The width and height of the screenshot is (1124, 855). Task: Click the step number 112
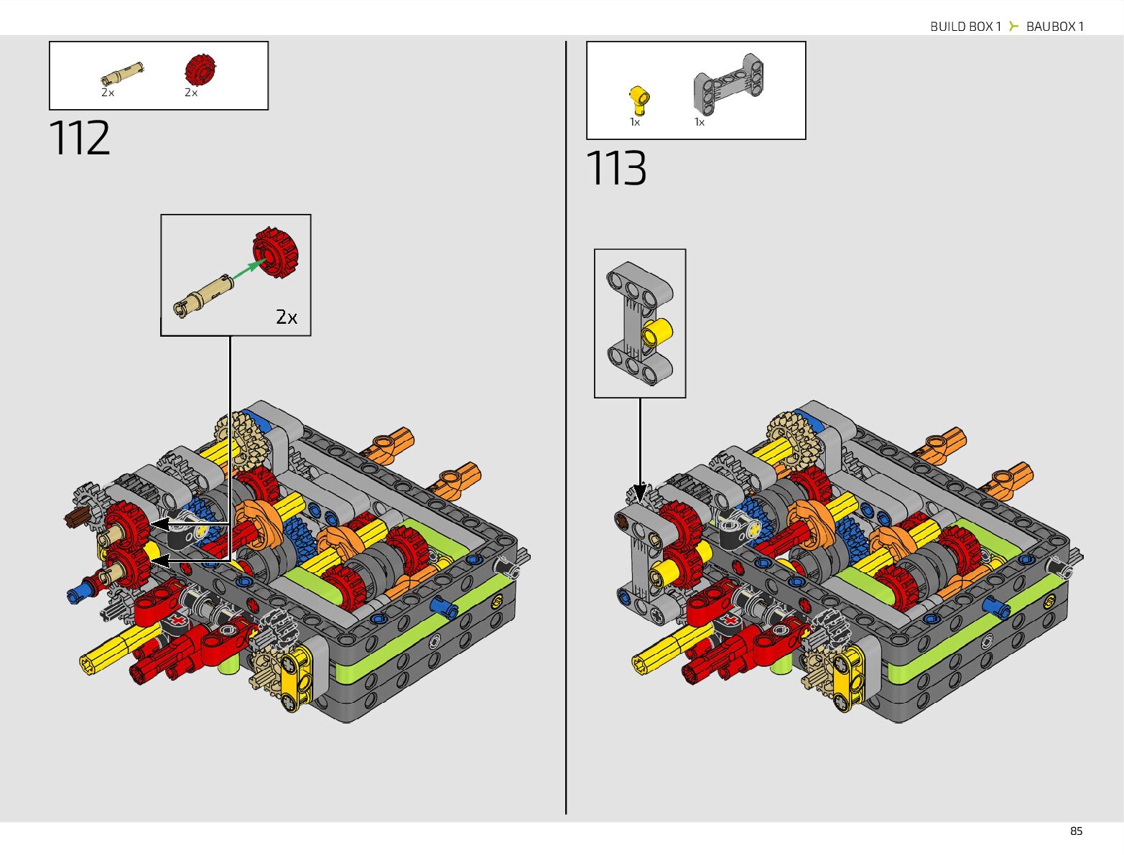click(x=80, y=137)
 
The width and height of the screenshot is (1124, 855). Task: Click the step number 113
click(x=616, y=167)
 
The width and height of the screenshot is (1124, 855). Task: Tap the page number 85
click(x=1076, y=831)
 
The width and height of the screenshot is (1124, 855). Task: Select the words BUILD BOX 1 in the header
click(x=965, y=27)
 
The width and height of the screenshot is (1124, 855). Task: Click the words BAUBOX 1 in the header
click(x=1055, y=27)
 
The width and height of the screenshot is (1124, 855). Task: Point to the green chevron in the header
click(x=1013, y=26)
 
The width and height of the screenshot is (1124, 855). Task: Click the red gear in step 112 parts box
click(x=200, y=70)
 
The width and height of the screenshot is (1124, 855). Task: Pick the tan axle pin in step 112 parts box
click(x=122, y=74)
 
